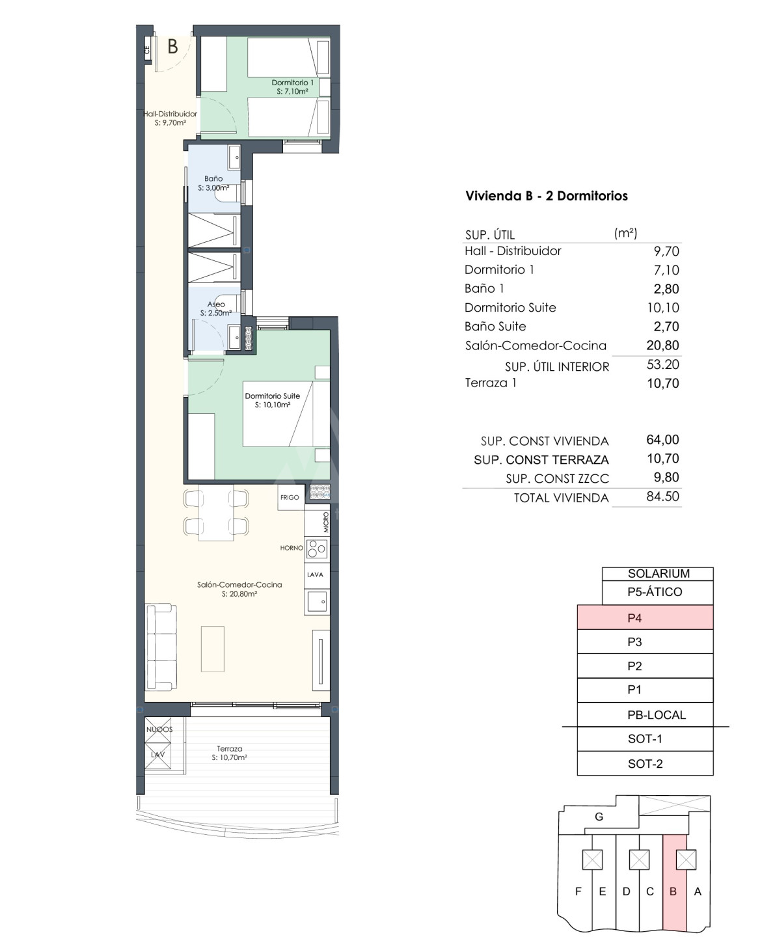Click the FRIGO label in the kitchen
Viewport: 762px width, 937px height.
coord(290,497)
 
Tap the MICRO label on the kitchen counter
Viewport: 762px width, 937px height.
coord(326,522)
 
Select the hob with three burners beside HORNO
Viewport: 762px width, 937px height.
coord(317,549)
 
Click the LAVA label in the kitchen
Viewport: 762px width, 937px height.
coord(315,575)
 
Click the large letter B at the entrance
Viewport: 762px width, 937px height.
coord(173,47)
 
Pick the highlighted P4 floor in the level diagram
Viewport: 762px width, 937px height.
coord(644,618)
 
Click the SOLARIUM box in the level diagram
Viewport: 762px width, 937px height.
coord(657,574)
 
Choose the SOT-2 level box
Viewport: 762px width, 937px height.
coord(644,763)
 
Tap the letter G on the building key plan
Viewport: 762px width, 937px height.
coord(599,817)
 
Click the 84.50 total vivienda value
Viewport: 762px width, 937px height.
coord(662,496)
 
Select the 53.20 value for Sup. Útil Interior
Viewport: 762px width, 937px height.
coord(662,364)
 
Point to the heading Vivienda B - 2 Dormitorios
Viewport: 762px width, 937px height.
coord(547,196)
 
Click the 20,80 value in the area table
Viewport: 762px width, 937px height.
coord(662,346)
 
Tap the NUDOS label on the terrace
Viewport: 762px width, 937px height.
coord(159,729)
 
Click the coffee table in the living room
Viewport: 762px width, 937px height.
coord(213,649)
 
